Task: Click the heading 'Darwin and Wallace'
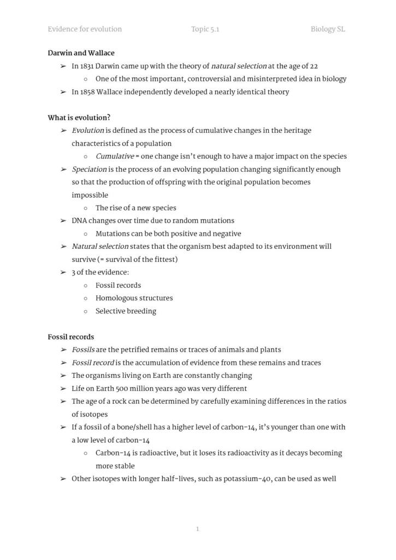[x=81, y=53]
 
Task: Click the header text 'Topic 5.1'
[x=205, y=29]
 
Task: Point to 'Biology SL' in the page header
[x=328, y=29]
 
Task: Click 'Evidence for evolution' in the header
[x=85, y=29]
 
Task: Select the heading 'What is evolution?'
[x=79, y=118]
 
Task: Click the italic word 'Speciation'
[x=89, y=170]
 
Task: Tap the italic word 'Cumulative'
[x=115, y=156]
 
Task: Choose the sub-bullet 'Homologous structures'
[x=134, y=298]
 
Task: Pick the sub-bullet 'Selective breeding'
[x=126, y=311]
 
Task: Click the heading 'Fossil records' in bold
[x=70, y=337]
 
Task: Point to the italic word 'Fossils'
[x=83, y=350]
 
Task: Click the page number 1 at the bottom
[x=197, y=529]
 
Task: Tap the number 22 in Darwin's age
[x=314, y=66]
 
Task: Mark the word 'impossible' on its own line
[x=90, y=195]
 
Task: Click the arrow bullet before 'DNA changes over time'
[x=63, y=221]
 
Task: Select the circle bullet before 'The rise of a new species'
[x=85, y=208]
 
